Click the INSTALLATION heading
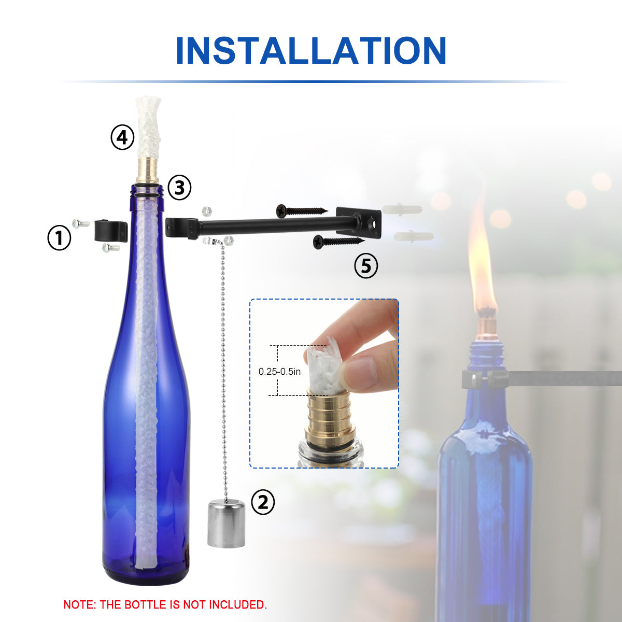pyautogui.click(x=311, y=51)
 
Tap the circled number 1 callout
pyautogui.click(x=59, y=238)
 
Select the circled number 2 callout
pyautogui.click(x=263, y=502)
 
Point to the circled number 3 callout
pyautogui.click(x=179, y=188)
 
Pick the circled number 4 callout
pyautogui.click(x=122, y=137)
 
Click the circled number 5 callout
pyautogui.click(x=366, y=266)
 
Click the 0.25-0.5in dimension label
pyautogui.click(x=279, y=372)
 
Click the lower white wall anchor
pyautogui.click(x=414, y=236)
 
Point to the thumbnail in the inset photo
pyautogui.click(x=362, y=373)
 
